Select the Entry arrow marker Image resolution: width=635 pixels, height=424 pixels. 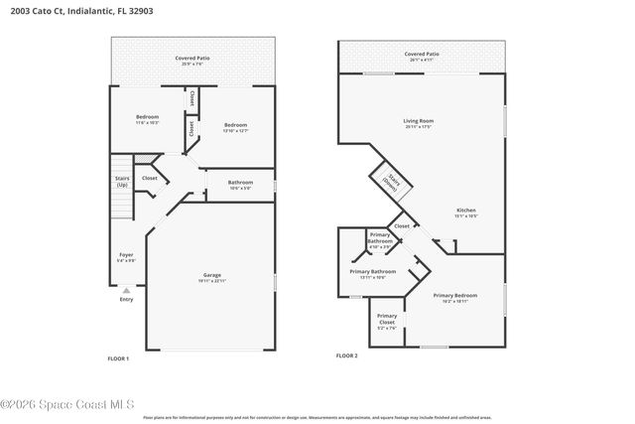click(126, 291)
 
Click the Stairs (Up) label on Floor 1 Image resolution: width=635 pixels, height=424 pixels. click(122, 182)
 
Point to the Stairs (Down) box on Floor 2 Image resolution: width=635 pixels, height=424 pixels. click(384, 183)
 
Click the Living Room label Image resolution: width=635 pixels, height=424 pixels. click(419, 122)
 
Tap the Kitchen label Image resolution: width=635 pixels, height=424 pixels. click(465, 212)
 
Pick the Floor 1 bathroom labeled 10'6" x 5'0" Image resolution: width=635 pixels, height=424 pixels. click(240, 184)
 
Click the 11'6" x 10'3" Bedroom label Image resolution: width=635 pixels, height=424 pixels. click(147, 119)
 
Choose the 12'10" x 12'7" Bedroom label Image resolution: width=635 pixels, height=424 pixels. click(234, 126)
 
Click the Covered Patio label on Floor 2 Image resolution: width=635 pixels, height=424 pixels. click(422, 56)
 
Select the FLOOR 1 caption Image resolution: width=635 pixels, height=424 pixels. click(118, 357)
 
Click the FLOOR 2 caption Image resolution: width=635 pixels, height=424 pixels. click(346, 355)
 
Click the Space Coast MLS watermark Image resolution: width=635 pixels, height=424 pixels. click(67, 404)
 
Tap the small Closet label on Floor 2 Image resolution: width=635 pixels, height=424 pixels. click(402, 226)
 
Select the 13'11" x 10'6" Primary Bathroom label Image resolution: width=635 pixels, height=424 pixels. click(372, 273)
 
